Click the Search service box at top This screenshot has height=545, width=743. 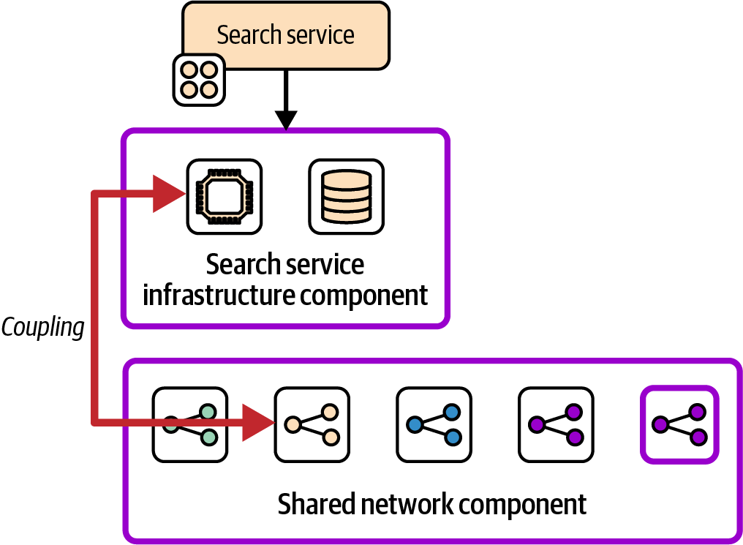pos(285,35)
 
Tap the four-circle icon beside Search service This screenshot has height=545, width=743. pos(198,80)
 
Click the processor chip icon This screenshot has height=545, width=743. pos(225,196)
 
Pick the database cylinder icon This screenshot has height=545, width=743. pos(347,196)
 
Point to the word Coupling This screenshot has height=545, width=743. pos(43,327)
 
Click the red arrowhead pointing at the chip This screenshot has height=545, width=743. pos(169,194)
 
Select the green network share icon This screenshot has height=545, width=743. pos(190,424)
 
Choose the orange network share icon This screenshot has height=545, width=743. pos(312,424)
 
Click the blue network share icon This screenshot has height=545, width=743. pos(434,424)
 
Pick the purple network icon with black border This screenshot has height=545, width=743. pos(556,424)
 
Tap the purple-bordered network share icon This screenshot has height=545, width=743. pos(679,424)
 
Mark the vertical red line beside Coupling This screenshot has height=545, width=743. pos(94,307)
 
